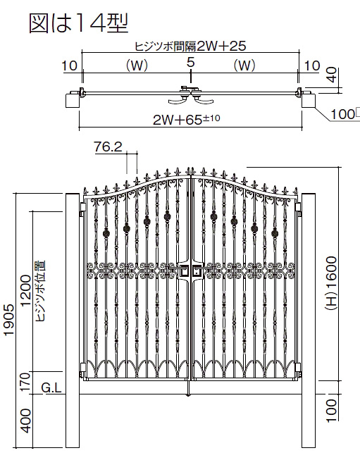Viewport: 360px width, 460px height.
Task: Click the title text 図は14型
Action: pos(79,23)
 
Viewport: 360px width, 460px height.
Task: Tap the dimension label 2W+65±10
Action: pos(186,120)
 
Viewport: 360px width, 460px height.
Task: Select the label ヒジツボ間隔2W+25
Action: pos(190,46)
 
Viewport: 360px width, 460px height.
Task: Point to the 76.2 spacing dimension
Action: pos(108,147)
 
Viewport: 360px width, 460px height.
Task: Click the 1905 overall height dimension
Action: pos(9,320)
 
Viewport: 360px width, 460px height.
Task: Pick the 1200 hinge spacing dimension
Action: pos(26,290)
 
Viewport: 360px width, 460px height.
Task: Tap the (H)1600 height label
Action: pos(331,282)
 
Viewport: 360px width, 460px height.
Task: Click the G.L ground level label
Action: pos(51,388)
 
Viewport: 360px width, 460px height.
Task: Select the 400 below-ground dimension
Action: pos(26,421)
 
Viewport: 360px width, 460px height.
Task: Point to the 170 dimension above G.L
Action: pos(26,381)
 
